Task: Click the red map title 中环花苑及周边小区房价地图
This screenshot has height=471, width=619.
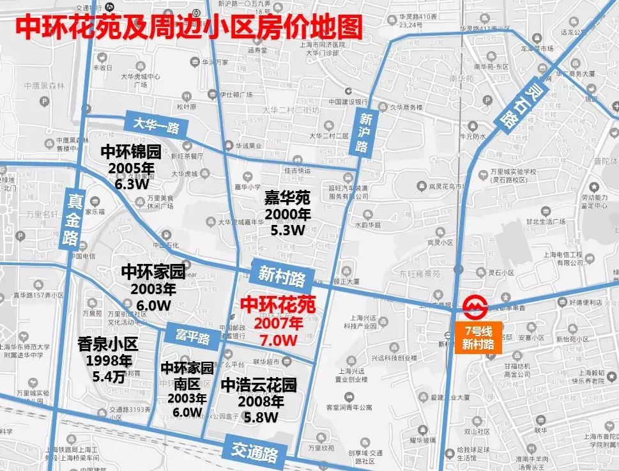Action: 188,27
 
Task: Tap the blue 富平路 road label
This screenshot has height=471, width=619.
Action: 188,335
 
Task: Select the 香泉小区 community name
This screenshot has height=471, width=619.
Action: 107,344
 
